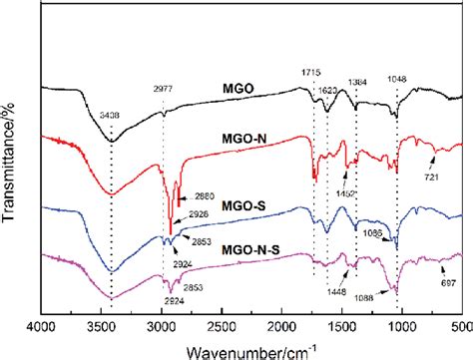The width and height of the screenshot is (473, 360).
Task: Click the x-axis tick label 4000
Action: tap(40, 324)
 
